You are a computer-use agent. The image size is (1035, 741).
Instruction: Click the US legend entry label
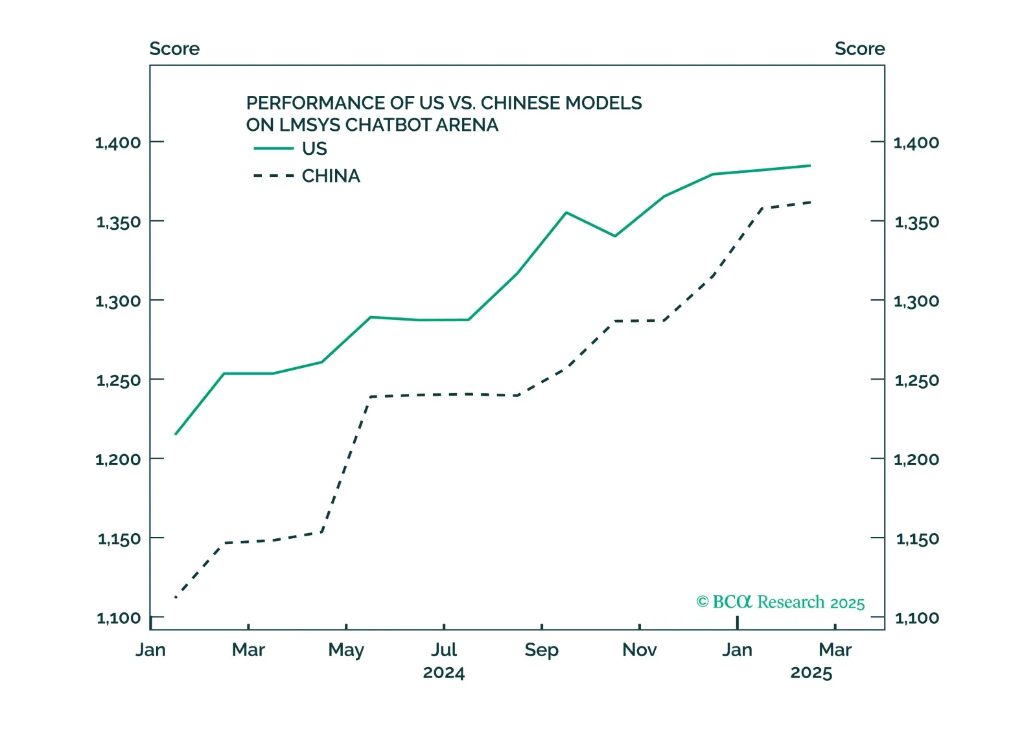314,149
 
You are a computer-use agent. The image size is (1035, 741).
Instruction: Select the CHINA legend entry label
331,176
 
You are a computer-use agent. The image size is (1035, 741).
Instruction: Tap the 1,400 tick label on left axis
118,142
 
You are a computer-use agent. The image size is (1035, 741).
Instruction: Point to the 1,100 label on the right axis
916,618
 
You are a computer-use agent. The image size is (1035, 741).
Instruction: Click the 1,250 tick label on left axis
118,380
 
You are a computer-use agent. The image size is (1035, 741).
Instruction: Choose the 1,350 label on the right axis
916,222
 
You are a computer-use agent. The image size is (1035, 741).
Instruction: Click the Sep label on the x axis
541,650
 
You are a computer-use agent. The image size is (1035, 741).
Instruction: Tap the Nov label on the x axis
639,650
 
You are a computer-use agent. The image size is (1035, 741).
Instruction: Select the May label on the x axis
346,650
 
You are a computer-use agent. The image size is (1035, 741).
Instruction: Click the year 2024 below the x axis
444,673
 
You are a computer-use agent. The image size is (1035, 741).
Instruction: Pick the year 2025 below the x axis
811,673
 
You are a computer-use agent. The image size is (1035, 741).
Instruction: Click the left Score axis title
174,49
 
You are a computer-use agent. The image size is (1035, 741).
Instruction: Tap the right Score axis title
859,49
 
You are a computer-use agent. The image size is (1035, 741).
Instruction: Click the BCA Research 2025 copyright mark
780,602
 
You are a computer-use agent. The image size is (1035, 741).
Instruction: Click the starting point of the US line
176,434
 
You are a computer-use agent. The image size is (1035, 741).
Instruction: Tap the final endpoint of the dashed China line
811,202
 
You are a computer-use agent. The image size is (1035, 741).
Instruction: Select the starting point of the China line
176,597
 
